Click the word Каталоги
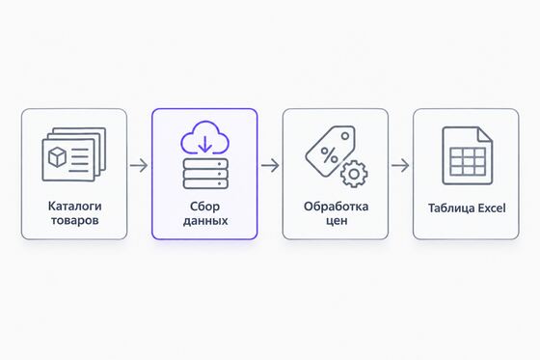(x=75, y=207)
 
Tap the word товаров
(x=75, y=220)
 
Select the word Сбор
(x=204, y=207)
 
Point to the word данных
(x=205, y=221)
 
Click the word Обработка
(x=336, y=207)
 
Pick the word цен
(x=337, y=220)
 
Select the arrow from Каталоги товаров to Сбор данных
(x=139, y=165)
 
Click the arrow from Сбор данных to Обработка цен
(x=270, y=165)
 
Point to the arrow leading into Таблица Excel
(x=400, y=165)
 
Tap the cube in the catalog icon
(x=57, y=157)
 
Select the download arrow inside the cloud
(x=204, y=144)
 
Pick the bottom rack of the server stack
(x=205, y=183)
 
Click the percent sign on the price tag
(x=329, y=155)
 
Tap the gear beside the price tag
(x=354, y=174)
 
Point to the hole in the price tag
(x=345, y=136)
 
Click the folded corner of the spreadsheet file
(x=485, y=134)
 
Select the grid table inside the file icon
(x=468, y=162)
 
